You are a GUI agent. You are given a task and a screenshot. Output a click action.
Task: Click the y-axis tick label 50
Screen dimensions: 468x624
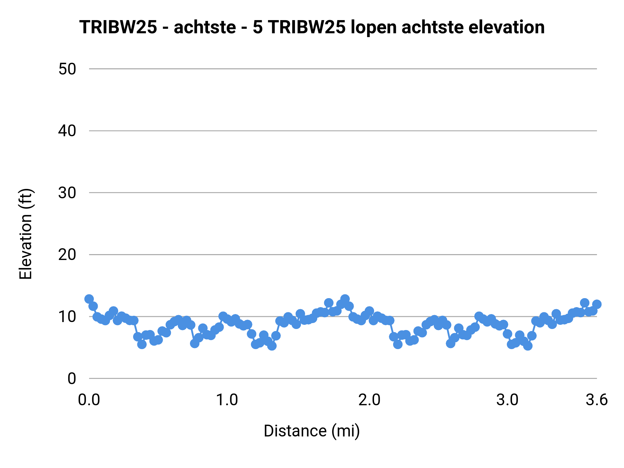click(67, 69)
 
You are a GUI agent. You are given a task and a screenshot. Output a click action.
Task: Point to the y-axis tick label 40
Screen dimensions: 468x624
click(67, 131)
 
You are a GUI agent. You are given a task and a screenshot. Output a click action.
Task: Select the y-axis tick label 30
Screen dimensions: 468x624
click(67, 193)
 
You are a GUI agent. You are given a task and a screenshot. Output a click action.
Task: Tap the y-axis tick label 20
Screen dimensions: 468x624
click(67, 255)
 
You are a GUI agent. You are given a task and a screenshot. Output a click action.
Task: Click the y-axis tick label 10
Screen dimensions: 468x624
click(67, 317)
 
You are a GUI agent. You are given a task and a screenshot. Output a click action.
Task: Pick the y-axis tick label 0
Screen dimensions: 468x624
click(71, 379)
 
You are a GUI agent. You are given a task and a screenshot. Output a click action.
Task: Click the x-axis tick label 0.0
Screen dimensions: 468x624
click(89, 400)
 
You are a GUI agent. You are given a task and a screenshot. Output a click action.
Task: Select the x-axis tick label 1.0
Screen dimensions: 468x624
click(227, 400)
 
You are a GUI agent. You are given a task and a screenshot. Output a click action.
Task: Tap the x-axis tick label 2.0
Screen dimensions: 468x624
click(370, 400)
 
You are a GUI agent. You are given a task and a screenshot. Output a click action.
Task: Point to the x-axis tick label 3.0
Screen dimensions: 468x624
click(507, 400)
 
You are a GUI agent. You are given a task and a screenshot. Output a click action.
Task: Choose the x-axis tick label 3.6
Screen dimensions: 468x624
click(597, 400)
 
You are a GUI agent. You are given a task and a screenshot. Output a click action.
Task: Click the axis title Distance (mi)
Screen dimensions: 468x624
click(312, 431)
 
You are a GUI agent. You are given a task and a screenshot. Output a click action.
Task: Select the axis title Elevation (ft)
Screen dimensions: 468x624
click(26, 234)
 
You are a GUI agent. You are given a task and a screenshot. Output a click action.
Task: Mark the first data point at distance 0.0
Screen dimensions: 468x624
click(89, 299)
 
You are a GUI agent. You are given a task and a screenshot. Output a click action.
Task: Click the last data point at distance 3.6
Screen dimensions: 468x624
click(597, 304)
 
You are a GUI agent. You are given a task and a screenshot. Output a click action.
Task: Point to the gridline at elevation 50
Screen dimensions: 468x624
click(343, 69)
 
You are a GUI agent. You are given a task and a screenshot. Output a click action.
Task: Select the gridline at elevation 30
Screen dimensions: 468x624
click(343, 193)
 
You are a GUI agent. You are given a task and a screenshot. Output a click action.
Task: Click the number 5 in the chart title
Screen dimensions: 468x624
click(258, 27)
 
